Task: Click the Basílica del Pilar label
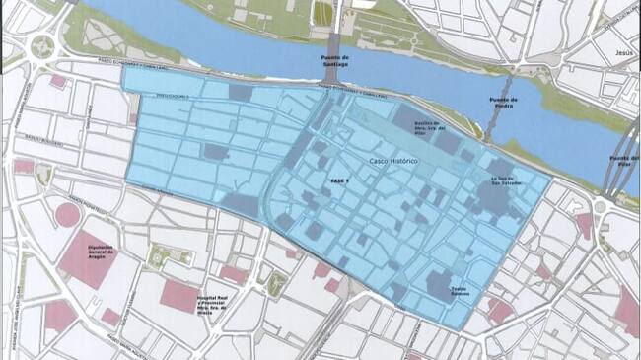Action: pyautogui.click(x=427, y=128)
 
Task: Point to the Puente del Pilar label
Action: pyautogui.click(x=623, y=161)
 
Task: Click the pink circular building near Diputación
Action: pyautogui.click(x=67, y=214)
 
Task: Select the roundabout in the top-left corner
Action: pyautogui.click(x=42, y=44)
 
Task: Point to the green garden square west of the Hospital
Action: pyautogui.click(x=158, y=257)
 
